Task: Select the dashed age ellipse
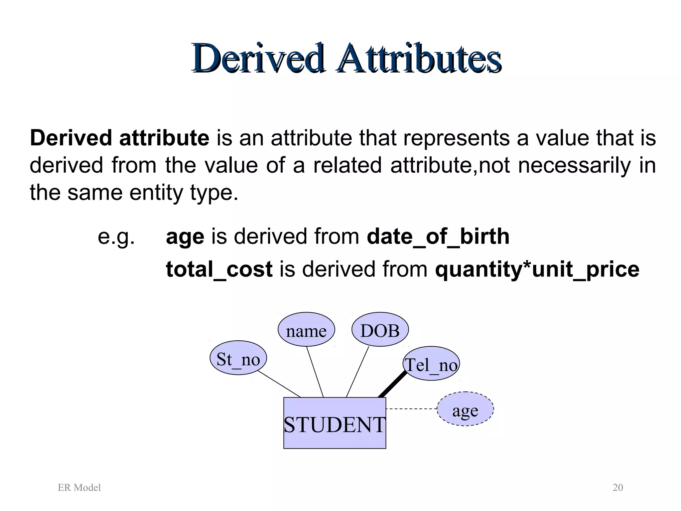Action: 465,409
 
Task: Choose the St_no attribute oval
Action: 238,358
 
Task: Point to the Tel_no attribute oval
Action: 431,364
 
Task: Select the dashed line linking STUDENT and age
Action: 411,409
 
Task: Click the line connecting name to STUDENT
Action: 315,372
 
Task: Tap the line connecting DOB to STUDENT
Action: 358,372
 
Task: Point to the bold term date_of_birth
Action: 438,237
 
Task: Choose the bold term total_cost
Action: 219,269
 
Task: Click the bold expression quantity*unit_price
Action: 537,269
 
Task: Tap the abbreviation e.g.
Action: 116,237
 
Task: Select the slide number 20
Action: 617,488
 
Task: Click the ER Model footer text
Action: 79,488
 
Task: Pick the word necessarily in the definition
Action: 574,165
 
